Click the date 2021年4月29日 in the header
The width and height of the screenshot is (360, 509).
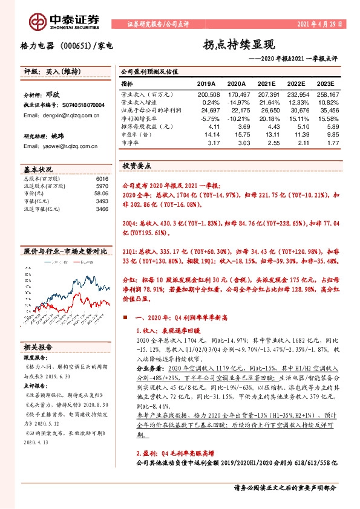pos(320,24)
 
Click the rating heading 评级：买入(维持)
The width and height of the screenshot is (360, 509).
pos(46,71)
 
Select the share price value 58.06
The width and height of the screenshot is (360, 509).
pos(100,194)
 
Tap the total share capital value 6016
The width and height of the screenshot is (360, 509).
pos(102,180)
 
